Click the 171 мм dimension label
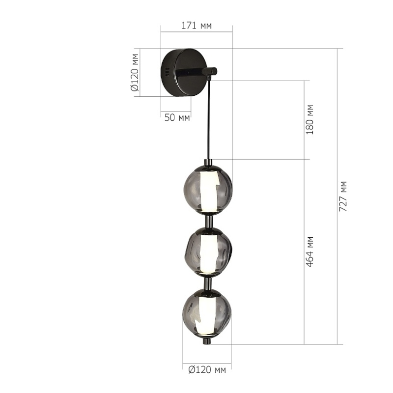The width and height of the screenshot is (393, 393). click(x=196, y=26)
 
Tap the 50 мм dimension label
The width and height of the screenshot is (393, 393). click(x=177, y=117)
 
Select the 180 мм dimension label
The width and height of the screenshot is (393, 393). click(x=310, y=119)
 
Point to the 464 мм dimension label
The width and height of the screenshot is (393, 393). click(x=310, y=252)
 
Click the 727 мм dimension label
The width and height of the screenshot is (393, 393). click(x=343, y=196)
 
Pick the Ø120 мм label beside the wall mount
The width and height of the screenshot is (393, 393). click(x=135, y=72)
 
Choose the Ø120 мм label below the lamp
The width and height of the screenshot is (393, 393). click(x=207, y=369)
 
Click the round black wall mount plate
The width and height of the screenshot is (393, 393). click(x=184, y=72)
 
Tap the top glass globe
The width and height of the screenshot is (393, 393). click(x=208, y=189)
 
